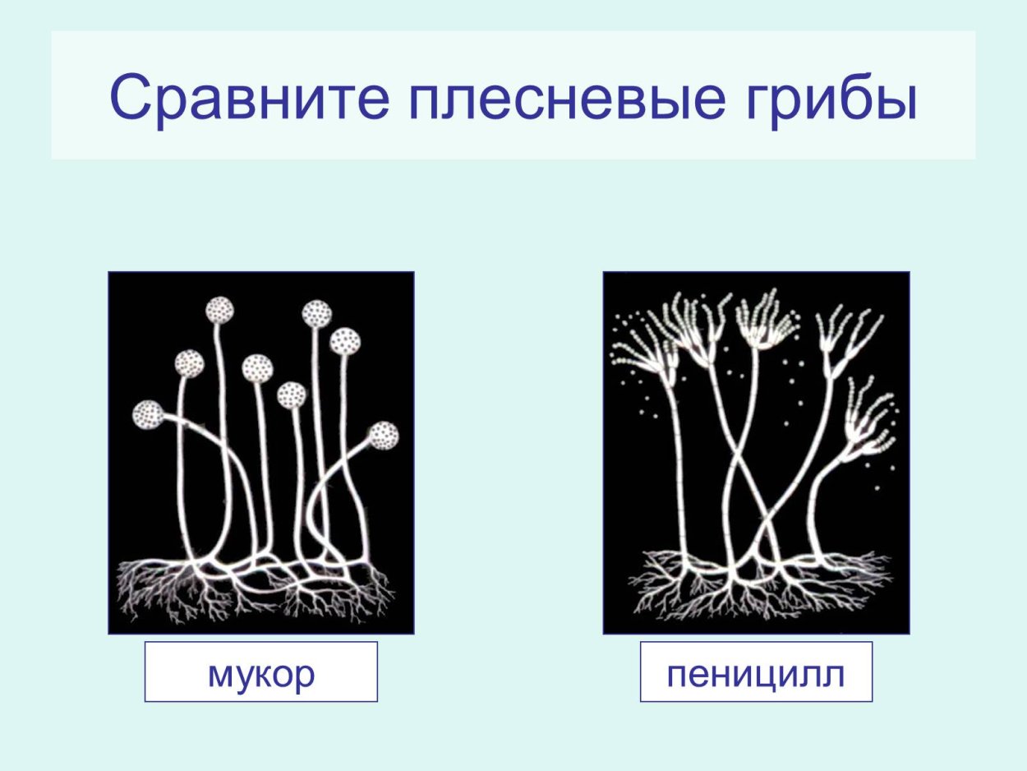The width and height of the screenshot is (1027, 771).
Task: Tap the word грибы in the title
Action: point(825,97)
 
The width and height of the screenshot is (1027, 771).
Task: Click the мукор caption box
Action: point(261,672)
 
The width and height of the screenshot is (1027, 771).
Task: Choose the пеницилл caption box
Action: point(756,672)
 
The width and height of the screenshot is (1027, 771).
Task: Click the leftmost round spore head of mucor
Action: point(149,415)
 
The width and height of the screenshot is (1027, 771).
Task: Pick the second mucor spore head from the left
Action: point(190,362)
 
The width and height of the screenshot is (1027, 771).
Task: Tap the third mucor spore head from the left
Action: point(219,311)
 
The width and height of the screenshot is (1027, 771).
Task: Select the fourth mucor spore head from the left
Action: point(257,368)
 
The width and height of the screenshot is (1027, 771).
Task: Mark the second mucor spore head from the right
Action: point(345,340)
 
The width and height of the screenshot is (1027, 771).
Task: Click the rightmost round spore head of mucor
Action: point(383,435)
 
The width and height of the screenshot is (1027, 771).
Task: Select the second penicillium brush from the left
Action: point(695,329)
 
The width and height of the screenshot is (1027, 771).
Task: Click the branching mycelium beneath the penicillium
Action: point(756,588)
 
